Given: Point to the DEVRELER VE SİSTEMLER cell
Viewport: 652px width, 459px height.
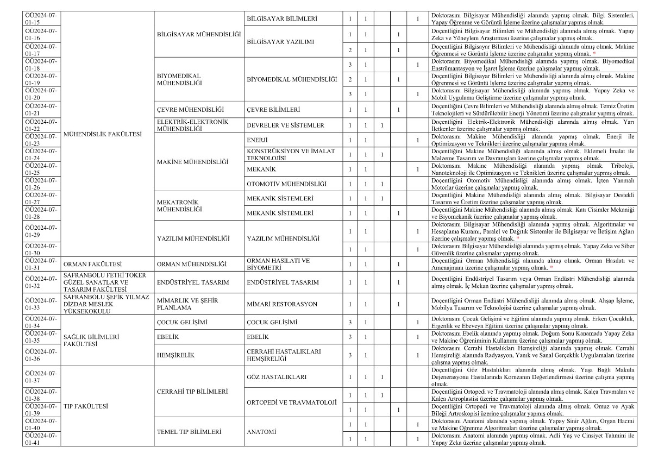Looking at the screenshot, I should (x=285, y=125).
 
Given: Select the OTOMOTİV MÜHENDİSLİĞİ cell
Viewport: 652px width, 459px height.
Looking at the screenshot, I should (x=287, y=184).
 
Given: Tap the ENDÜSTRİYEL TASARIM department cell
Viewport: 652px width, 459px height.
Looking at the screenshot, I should (x=192, y=282).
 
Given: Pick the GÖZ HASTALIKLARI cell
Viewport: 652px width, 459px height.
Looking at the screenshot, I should (x=277, y=377).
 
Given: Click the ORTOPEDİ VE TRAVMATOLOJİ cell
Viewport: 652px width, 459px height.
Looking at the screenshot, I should (x=292, y=403).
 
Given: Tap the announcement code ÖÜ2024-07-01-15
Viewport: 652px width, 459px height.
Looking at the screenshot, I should (x=41, y=19).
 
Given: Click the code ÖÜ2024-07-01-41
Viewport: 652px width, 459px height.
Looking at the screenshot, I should (x=41, y=439).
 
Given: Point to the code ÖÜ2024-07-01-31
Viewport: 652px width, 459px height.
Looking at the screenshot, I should (x=41, y=265).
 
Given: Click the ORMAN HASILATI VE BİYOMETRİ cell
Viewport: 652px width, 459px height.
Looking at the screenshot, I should (x=278, y=265).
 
